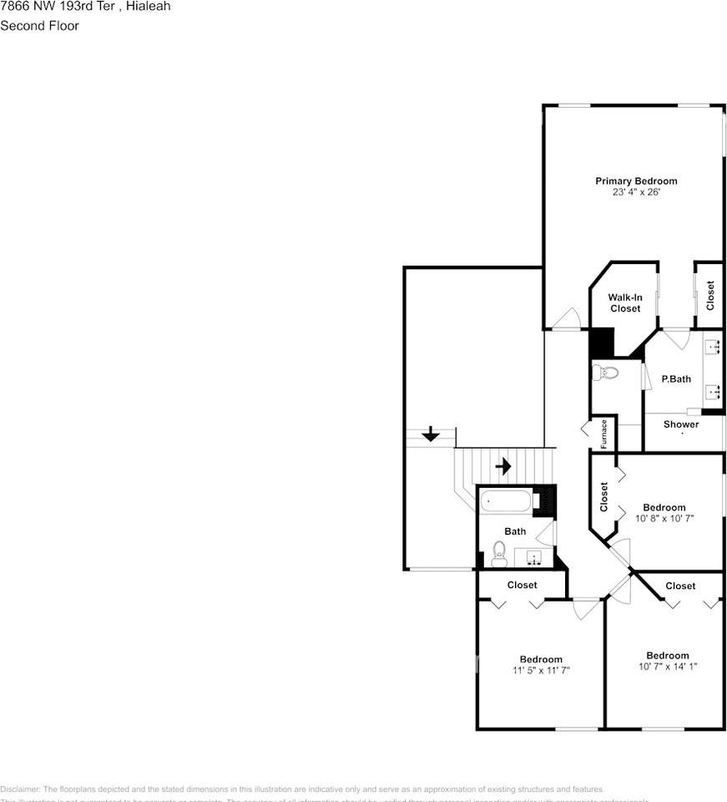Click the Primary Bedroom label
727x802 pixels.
pos(635,180)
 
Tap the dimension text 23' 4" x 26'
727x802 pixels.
pos(635,192)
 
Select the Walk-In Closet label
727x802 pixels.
pos(624,302)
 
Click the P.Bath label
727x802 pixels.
pos(676,378)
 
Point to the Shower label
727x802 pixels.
pos(681,424)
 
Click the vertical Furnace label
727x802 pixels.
pos(604,434)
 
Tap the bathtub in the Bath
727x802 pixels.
pos(506,502)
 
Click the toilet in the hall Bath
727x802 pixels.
pos(499,553)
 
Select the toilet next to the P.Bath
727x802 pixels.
pos(606,372)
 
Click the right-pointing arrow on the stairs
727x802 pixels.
pos(503,465)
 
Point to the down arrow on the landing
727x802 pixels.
pos(431,434)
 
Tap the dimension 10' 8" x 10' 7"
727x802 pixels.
pos(664,519)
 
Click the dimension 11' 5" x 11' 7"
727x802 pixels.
pos(541,671)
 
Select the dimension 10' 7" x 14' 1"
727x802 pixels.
pos(667,667)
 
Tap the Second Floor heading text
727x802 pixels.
pos(39,26)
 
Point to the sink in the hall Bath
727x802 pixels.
pos(534,557)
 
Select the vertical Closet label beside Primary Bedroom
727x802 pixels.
pos(710,296)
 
